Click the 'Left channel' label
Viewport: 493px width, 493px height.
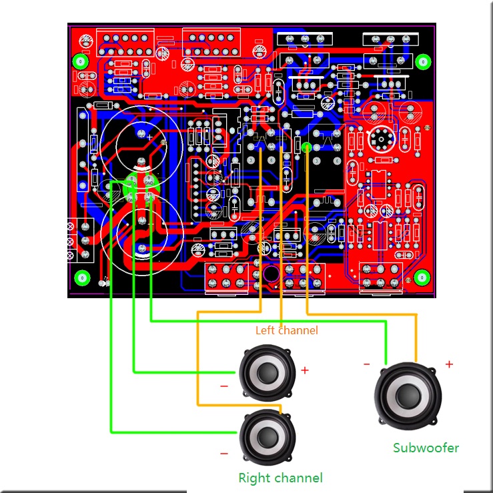(x=286, y=330)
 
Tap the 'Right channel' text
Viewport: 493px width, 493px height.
(x=280, y=478)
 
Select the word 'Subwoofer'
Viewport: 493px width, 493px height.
(x=426, y=448)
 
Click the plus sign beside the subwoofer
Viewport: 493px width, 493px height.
(x=449, y=364)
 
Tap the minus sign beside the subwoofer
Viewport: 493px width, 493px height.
(x=367, y=364)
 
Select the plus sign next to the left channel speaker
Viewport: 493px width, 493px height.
(x=305, y=370)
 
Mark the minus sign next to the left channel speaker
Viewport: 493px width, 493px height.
(x=223, y=386)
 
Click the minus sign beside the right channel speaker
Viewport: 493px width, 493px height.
(x=223, y=454)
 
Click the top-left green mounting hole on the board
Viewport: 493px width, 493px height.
(x=81, y=62)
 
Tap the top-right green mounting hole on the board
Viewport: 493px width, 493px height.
(x=422, y=62)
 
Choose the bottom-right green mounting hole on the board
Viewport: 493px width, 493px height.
(x=422, y=277)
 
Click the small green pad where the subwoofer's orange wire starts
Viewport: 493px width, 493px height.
(x=306, y=147)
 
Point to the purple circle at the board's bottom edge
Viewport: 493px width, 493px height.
(x=272, y=274)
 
